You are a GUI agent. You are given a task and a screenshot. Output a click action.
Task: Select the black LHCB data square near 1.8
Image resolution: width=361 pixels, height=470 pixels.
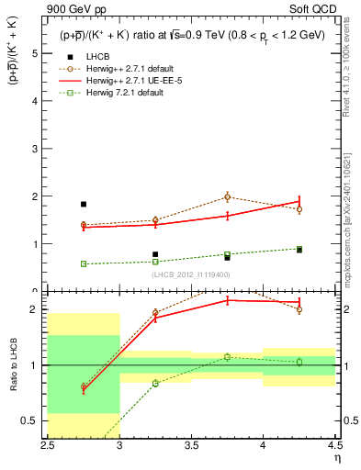point(84,205)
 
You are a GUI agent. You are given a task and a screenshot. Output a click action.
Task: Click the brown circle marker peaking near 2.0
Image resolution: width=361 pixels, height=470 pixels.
point(227,196)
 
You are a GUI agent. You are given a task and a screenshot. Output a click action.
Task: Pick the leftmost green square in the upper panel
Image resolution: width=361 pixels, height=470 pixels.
point(84,263)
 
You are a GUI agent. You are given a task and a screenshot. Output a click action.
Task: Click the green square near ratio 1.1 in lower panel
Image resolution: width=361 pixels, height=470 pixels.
point(227,357)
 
